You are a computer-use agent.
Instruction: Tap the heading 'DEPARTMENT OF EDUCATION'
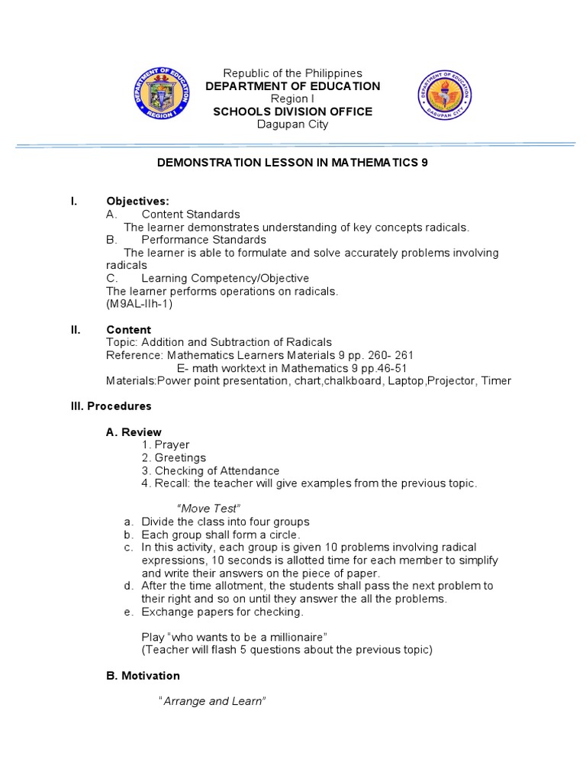(x=292, y=86)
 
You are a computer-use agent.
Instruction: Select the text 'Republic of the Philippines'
(x=292, y=73)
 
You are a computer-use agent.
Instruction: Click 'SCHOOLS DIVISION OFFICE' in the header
(x=292, y=111)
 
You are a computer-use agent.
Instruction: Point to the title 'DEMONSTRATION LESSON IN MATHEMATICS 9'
(x=292, y=163)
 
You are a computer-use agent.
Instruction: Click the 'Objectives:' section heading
(x=137, y=201)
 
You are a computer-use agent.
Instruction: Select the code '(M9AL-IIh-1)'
(x=140, y=304)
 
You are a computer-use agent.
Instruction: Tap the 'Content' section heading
(x=128, y=330)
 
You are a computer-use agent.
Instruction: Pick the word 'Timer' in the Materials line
(x=496, y=380)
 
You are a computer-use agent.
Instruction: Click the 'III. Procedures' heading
(x=111, y=406)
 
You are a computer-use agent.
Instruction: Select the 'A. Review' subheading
(x=133, y=432)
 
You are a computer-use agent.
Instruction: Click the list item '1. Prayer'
(x=166, y=444)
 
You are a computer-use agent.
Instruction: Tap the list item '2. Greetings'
(x=174, y=457)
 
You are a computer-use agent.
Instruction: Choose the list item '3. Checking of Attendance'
(x=211, y=470)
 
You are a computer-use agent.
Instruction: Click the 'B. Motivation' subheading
(x=143, y=676)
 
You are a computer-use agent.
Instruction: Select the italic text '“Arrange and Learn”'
(x=211, y=701)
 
